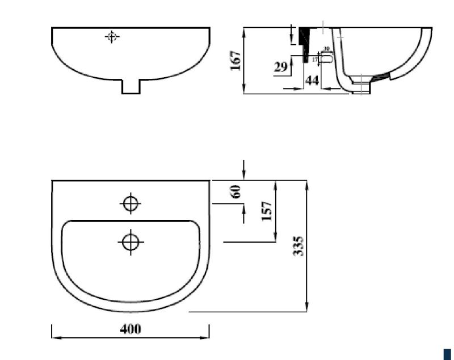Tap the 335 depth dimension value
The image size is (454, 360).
[299, 246]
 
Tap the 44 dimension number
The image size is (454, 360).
[312, 81]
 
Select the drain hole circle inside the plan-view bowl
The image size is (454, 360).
[131, 242]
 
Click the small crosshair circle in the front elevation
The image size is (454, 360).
[112, 37]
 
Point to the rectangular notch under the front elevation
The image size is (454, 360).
[131, 87]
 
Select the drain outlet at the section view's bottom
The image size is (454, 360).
[361, 87]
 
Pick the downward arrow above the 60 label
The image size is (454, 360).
[244, 175]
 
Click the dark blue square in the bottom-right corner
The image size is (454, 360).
[447, 353]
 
